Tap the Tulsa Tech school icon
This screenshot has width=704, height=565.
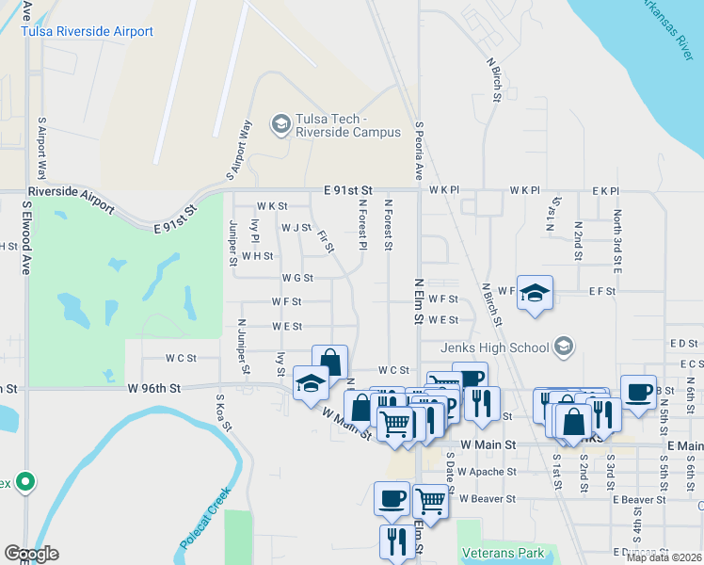pos(280,123)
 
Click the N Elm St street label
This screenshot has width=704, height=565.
pos(419,300)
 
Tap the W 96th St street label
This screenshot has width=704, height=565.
pos(154,387)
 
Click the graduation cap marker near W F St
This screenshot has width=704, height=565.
pos(535,293)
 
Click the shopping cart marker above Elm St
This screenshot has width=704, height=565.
pos(430,501)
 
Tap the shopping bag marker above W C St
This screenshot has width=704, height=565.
pos(329,363)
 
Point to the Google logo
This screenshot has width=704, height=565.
pos(31,554)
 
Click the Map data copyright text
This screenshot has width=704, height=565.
pos(663,557)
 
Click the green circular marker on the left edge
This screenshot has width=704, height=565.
pos(25,483)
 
